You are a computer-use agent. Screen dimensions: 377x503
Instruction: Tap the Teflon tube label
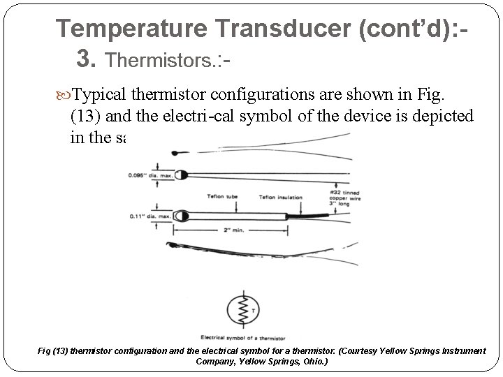[222, 196]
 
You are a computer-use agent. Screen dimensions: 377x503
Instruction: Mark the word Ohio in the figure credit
[309, 362]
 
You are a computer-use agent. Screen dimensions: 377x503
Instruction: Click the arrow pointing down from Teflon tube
[222, 205]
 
